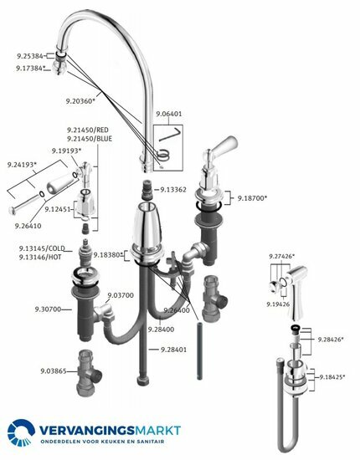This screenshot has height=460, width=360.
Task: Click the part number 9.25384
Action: (31, 55)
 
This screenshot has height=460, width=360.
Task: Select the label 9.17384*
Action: (32, 69)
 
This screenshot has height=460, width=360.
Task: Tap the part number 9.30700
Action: (32, 309)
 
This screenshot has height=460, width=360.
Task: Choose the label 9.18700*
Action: (252, 198)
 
